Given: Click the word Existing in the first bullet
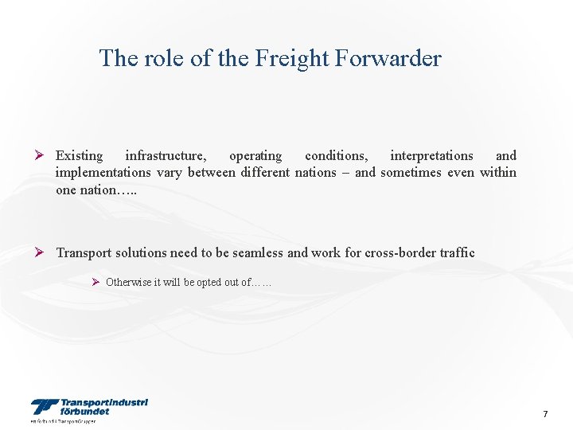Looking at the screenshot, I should [x=79, y=156].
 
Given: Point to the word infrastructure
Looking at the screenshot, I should [x=166, y=156].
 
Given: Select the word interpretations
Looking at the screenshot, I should [x=431, y=156].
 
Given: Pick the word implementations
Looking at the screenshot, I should [x=103, y=173].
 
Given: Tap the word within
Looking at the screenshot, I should [x=497, y=173].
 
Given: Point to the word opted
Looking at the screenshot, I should [x=209, y=282].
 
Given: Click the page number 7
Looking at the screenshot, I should [x=545, y=414].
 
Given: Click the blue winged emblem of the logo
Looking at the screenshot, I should [x=44, y=407].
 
